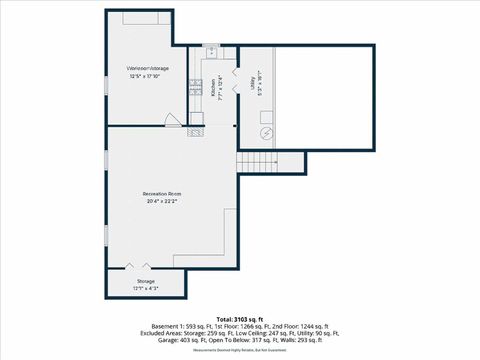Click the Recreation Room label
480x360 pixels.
coord(160,193)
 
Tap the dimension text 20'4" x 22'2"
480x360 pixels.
coord(160,201)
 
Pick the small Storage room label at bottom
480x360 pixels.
coord(146,281)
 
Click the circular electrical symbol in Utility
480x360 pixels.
coord(266,132)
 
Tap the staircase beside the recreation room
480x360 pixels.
coord(256,163)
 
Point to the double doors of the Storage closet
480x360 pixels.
coord(136,266)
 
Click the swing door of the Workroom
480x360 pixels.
coord(174,119)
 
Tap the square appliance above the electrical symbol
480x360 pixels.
coord(266,114)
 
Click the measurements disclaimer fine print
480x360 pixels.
coord(239,351)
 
